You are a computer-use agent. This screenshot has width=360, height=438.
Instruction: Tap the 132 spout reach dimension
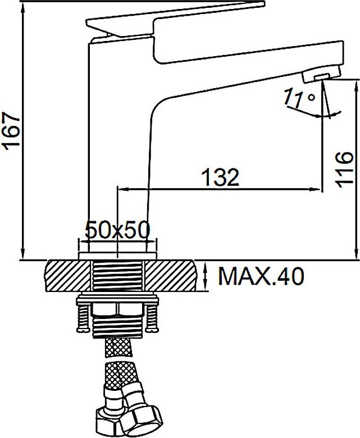pos(220,177)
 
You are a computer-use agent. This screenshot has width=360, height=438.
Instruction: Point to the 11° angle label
pos(299,98)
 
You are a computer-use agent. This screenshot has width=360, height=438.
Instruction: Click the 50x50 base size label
pos(117,230)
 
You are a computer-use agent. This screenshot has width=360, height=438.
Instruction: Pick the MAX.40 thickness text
pos(261,276)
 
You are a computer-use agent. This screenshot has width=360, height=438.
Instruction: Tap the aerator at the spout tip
pos(322,74)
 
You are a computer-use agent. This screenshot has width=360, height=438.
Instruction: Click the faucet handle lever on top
pos(176,20)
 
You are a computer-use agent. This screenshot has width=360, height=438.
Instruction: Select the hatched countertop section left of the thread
pos(68,275)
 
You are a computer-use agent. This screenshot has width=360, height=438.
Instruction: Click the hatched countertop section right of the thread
pos(170,275)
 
